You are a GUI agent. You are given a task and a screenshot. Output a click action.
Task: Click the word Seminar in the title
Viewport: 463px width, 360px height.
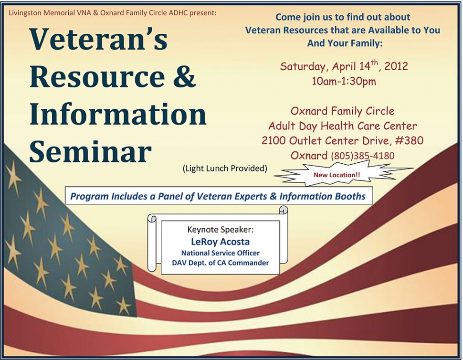click(x=90, y=151)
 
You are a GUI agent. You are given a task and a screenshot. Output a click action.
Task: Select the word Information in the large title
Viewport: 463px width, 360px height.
click(x=118, y=114)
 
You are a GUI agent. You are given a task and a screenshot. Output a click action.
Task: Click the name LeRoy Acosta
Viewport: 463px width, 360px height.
click(x=220, y=242)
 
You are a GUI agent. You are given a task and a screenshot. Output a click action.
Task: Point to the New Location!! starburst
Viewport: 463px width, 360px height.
click(x=337, y=175)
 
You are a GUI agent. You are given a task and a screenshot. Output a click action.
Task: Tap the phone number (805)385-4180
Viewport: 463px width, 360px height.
click(x=363, y=155)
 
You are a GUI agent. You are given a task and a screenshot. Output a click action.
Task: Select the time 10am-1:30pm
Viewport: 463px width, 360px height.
click(x=344, y=81)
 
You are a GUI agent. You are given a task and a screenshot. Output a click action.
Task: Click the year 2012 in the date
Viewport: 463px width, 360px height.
click(x=396, y=65)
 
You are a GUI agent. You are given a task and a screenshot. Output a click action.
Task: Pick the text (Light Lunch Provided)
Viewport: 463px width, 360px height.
click(x=225, y=169)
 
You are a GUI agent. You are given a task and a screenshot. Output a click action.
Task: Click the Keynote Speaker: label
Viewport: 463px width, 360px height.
click(x=220, y=230)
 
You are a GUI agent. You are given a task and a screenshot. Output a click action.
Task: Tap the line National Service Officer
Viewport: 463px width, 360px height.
click(x=220, y=253)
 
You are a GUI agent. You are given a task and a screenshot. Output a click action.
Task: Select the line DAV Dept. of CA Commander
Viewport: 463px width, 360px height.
click(x=220, y=263)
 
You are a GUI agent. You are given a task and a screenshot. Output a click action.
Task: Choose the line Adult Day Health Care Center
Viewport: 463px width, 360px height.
click(x=343, y=126)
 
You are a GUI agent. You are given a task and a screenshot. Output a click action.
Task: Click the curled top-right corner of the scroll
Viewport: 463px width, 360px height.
click(x=284, y=210)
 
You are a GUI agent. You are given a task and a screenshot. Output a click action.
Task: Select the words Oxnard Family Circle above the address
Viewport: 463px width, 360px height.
click(x=343, y=111)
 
